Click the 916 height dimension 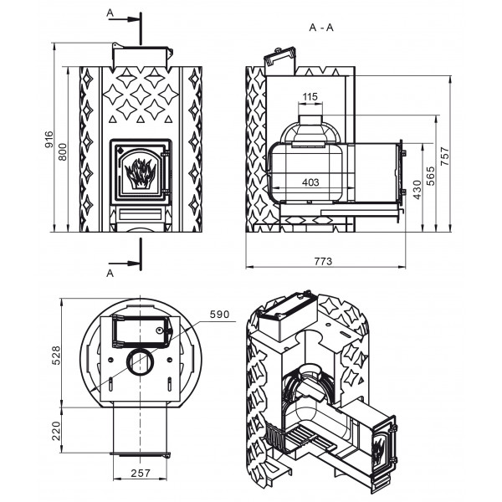49,139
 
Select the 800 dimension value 63,151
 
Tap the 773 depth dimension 323,261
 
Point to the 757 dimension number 445,156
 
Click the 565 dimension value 431,176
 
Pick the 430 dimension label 417,190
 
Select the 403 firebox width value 310,182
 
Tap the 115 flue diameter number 310,96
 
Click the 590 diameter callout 219,314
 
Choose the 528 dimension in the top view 56,355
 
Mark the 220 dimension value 56,431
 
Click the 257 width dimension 141,473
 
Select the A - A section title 321,28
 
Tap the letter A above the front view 110,13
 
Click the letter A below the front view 110,274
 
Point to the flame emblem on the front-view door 140,173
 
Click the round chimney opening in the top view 141,361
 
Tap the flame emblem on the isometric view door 379,448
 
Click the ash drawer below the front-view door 140,214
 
